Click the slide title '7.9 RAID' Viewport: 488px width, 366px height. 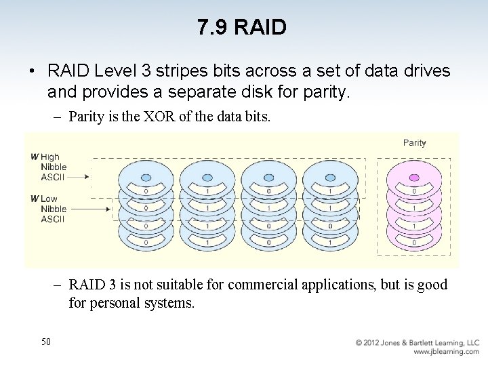[x=242, y=27]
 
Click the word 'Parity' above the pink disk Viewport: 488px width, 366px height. [x=414, y=142]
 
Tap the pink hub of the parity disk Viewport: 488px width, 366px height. [x=414, y=177]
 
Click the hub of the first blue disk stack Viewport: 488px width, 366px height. [x=146, y=177]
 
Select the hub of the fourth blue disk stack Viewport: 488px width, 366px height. [x=330, y=177]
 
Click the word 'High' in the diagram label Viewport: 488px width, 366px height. [x=50, y=157]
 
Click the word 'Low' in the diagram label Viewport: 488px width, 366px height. [x=49, y=199]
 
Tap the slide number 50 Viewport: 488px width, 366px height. [x=45, y=342]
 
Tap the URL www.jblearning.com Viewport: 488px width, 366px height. [x=446, y=352]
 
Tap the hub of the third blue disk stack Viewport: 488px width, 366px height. [x=268, y=177]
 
